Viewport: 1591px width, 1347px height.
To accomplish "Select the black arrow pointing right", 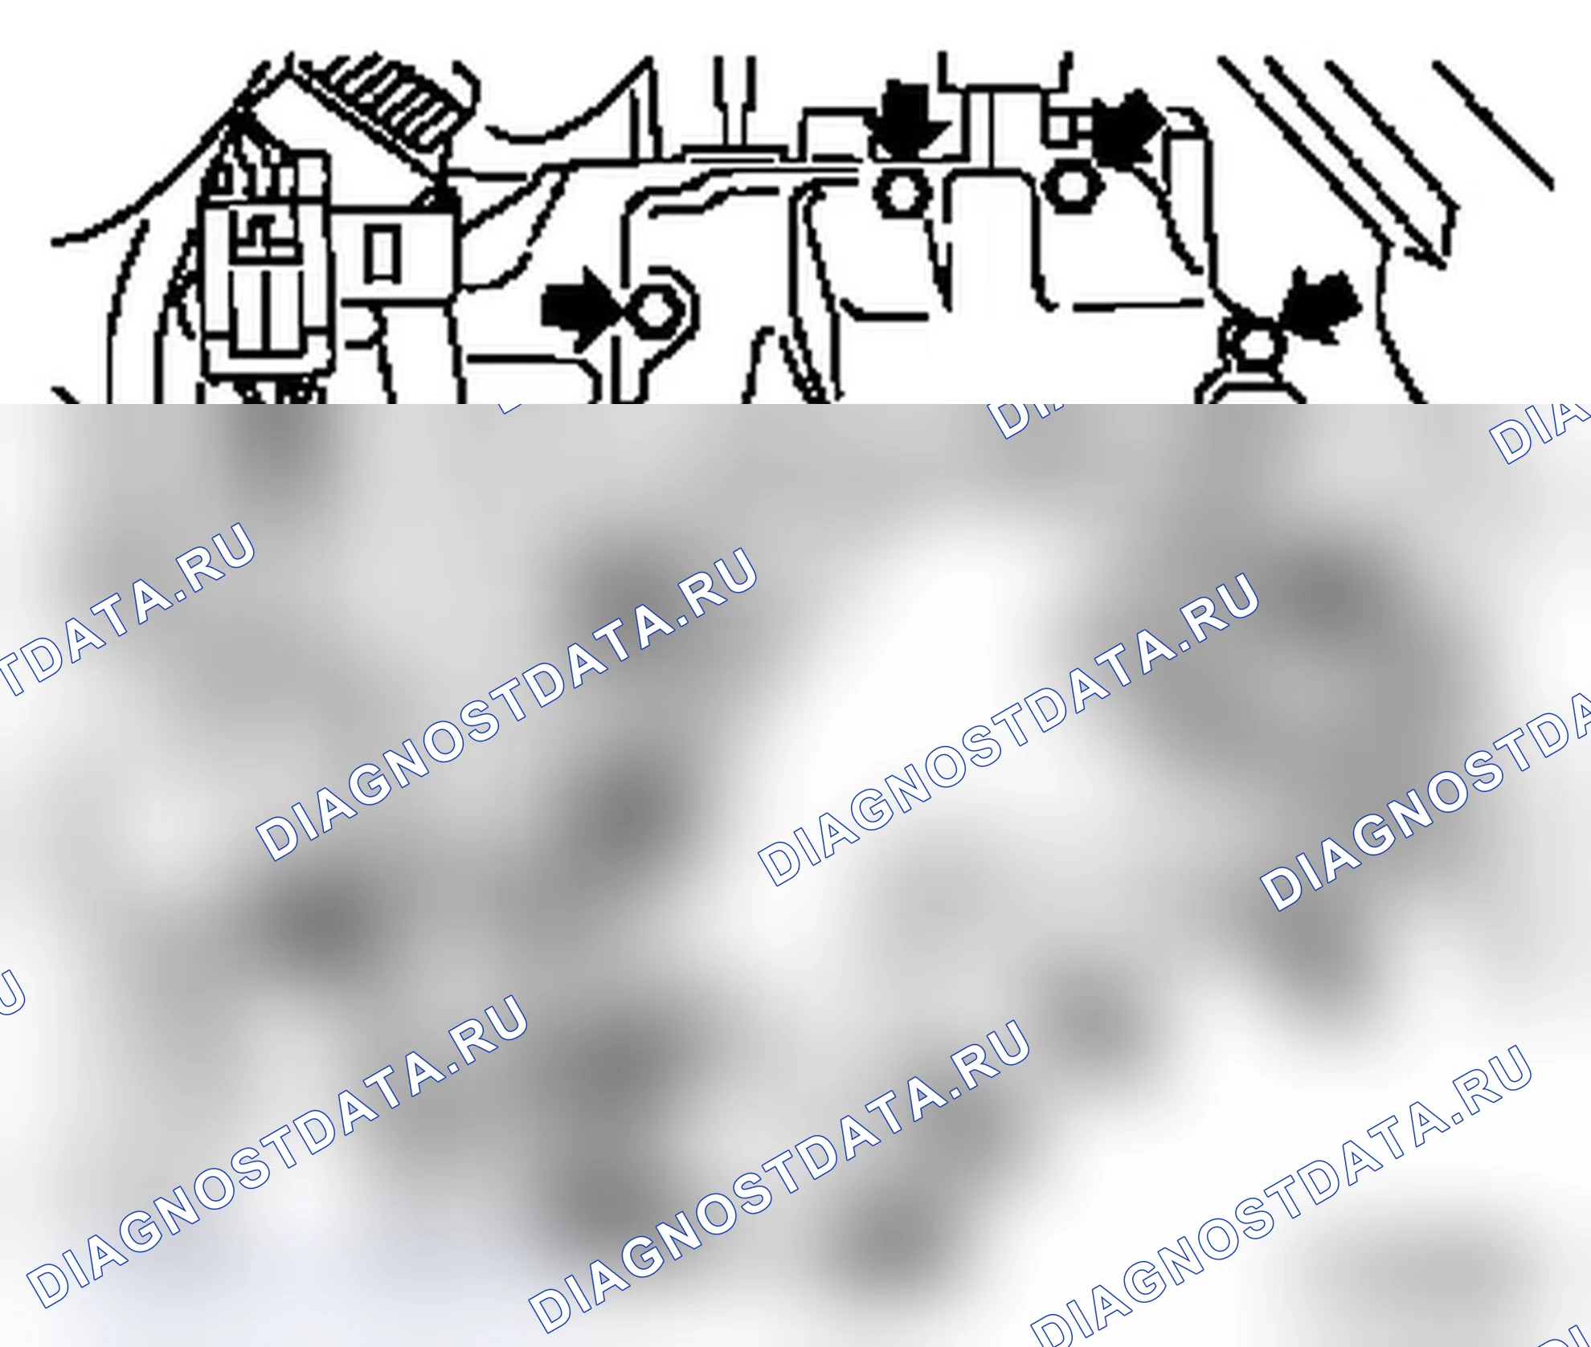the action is pyautogui.click(x=579, y=308).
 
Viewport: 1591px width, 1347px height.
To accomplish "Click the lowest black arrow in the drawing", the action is pyautogui.click(x=1318, y=309).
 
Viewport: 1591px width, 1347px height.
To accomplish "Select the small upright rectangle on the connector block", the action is pyautogui.click(x=382, y=254).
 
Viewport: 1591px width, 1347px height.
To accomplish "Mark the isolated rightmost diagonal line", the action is pyautogui.click(x=1493, y=125).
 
